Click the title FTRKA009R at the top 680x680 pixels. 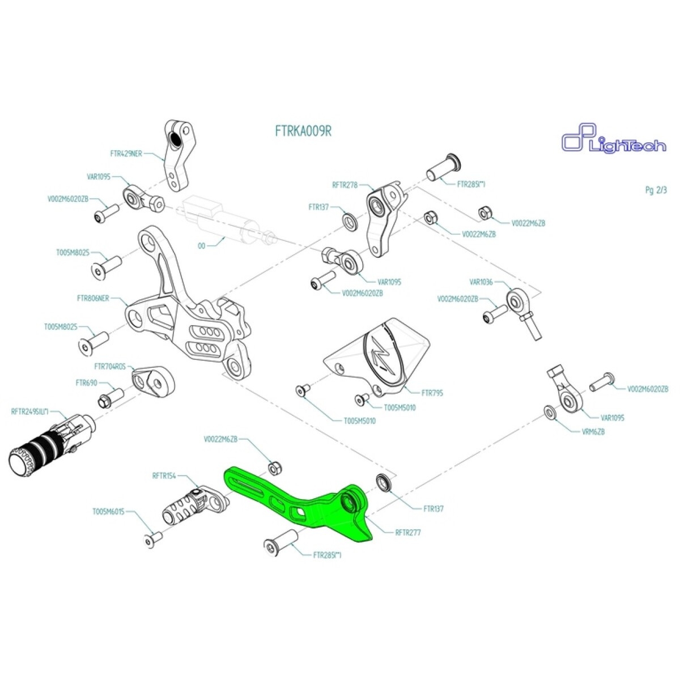tap(303, 131)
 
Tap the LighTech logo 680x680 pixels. tap(613, 142)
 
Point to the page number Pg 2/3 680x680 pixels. tap(656, 190)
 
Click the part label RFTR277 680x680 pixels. tap(408, 533)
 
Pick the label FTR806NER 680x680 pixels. tap(93, 299)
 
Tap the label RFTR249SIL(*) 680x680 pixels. tap(35, 412)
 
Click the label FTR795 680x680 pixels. tap(432, 393)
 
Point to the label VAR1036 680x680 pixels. tap(481, 282)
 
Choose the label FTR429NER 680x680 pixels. tap(126, 153)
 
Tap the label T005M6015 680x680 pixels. tap(108, 512)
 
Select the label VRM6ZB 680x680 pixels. tap(593, 431)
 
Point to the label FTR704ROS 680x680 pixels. tap(110, 367)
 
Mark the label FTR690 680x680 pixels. tap(87, 382)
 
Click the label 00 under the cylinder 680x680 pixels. tap(201, 246)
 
